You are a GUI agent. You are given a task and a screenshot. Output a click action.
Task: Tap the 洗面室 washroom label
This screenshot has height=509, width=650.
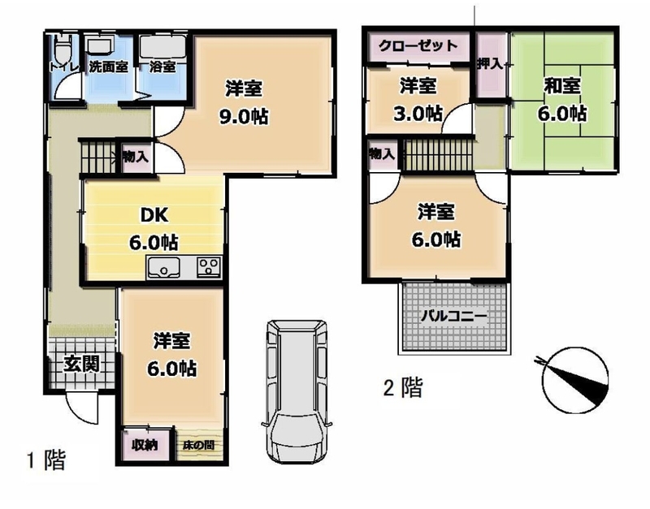click(x=108, y=67)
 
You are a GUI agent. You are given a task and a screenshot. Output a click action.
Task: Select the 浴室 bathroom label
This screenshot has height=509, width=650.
click(x=162, y=67)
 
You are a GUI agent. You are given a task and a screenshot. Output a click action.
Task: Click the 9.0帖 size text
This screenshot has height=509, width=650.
click(x=244, y=117)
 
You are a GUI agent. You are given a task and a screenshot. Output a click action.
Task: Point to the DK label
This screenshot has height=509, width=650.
click(x=154, y=215)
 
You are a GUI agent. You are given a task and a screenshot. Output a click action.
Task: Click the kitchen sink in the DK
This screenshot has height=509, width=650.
click(x=163, y=267)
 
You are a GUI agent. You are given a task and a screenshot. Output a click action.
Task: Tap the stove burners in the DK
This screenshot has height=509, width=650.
click(x=209, y=267)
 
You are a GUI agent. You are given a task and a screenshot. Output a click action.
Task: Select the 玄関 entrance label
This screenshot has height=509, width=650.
click(x=82, y=364)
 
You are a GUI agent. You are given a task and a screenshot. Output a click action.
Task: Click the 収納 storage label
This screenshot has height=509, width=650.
click(x=145, y=446)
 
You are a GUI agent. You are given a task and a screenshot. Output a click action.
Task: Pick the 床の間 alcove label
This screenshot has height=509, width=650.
click(x=199, y=446)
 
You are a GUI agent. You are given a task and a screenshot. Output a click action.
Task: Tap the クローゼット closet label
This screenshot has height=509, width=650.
click(x=418, y=45)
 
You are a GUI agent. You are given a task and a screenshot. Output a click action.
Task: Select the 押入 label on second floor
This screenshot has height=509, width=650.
click(x=490, y=64)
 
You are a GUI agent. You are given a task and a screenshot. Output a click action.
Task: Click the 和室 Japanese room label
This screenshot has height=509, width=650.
click(x=562, y=86)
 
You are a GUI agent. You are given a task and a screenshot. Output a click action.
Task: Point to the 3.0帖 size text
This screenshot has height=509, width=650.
click(x=418, y=114)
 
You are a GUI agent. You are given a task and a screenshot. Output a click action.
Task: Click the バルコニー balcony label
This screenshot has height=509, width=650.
click(x=453, y=317)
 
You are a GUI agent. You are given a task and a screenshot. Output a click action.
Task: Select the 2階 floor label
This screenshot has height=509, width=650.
click(x=403, y=388)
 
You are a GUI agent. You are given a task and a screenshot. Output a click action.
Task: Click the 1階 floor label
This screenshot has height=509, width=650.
click(x=46, y=459)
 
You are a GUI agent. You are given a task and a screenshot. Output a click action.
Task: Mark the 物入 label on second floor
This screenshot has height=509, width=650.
click(x=381, y=154)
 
